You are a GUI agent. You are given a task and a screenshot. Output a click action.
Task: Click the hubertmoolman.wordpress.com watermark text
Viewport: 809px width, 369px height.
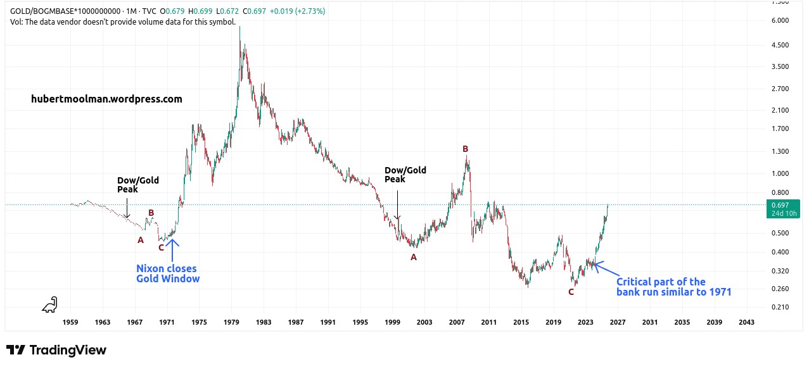pos(106,99)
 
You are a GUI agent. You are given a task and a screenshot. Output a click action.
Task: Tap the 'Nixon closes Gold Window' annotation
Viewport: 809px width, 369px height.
pos(167,273)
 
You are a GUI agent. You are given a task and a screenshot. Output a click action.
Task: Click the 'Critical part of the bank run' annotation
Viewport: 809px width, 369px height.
pos(673,287)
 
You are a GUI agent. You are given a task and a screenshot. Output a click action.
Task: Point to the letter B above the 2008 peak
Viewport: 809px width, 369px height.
pos(465,149)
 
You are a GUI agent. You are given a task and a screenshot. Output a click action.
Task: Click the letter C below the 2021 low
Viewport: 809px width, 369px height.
pos(571,292)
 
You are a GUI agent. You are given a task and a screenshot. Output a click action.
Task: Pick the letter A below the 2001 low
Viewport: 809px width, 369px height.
pos(414,257)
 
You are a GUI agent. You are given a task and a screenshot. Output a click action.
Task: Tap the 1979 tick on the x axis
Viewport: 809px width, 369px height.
pos(231,323)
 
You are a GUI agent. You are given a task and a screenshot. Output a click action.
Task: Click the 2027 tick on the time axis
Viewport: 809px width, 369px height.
pos(618,323)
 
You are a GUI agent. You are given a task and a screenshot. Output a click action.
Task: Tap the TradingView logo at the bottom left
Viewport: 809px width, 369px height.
pos(56,350)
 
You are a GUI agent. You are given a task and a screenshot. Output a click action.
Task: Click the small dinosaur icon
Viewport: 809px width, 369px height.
pos(49,304)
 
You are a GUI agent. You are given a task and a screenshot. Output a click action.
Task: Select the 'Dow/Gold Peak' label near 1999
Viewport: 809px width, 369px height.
pos(405,174)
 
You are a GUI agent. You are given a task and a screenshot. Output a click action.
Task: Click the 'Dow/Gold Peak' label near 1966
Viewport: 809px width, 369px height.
pos(138,184)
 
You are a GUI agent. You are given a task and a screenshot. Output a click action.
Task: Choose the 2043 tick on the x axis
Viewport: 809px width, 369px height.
pos(746,323)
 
